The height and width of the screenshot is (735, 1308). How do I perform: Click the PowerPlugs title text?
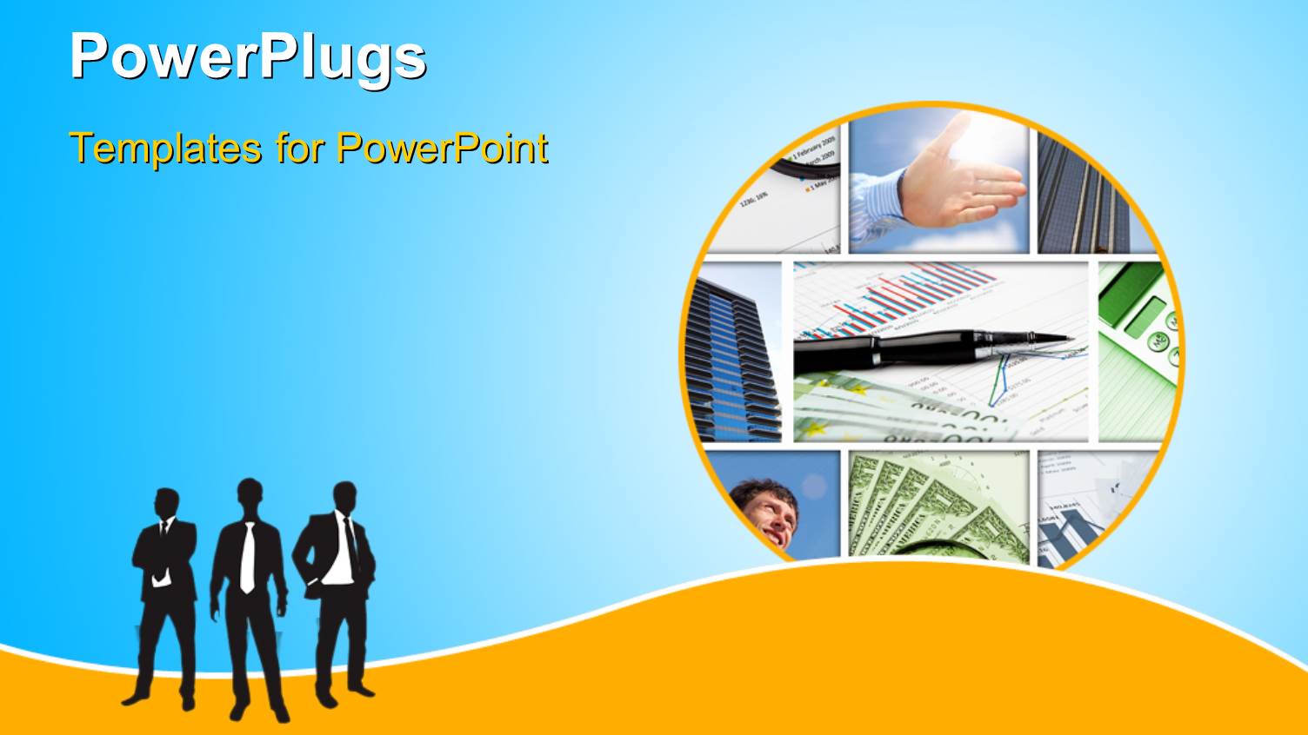tap(248, 56)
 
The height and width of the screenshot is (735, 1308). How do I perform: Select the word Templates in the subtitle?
tap(165, 148)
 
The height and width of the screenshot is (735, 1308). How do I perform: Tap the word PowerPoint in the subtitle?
tap(442, 148)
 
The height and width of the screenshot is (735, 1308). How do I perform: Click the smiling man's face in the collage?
tap(765, 513)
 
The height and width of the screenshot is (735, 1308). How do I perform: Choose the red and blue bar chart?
tap(913, 295)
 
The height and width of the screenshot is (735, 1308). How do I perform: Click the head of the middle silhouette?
tap(250, 497)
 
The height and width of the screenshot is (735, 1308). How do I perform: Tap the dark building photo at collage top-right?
tap(1083, 200)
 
